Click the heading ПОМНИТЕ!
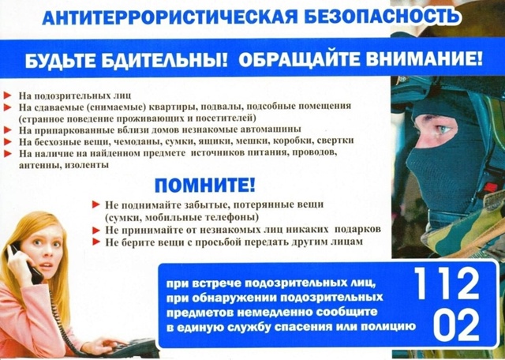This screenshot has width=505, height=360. (x=204, y=187)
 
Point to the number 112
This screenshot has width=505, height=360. (x=446, y=283)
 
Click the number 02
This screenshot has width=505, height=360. (x=446, y=324)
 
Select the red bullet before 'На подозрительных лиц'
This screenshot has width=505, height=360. (x=8, y=95)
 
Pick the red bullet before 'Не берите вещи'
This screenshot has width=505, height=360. (x=96, y=242)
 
